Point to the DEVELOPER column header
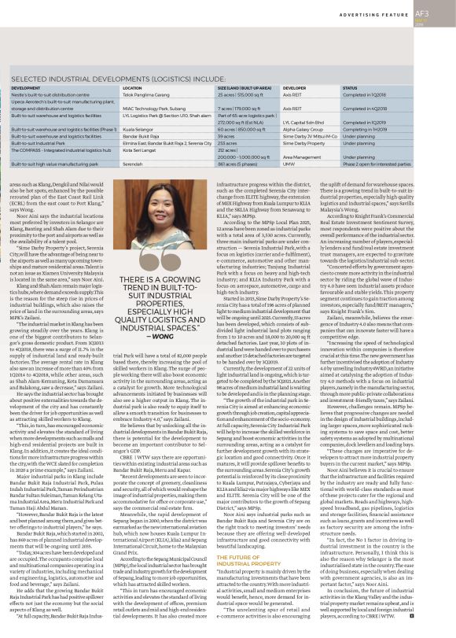click(295, 88)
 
